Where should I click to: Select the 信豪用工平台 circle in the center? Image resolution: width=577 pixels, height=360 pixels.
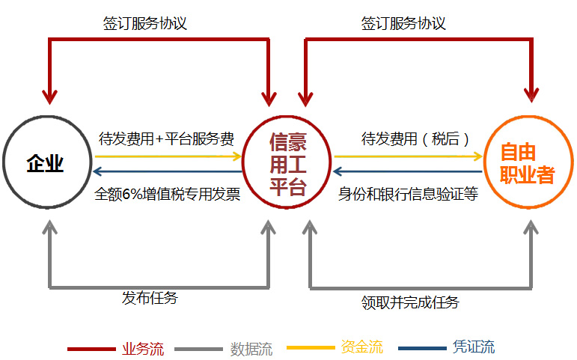click(288, 163)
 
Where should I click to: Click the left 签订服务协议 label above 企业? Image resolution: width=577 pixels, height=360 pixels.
click(144, 23)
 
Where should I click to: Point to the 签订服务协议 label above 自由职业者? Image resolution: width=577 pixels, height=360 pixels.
click(403, 23)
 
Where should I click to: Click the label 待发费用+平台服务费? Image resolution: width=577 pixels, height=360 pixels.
click(166, 138)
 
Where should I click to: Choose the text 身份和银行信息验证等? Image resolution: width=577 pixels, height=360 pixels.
click(408, 195)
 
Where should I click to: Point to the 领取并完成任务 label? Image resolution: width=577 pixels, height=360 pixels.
click(410, 302)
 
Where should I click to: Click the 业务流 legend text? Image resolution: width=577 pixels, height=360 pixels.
click(142, 349)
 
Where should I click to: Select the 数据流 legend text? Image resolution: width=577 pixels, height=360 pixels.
click(251, 349)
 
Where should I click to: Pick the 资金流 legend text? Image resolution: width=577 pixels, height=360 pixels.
click(361, 347)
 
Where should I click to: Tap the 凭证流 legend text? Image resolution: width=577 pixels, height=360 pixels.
click(474, 347)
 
